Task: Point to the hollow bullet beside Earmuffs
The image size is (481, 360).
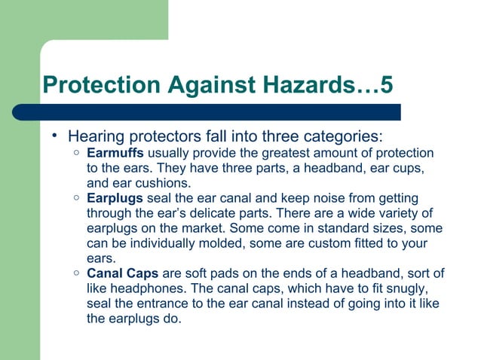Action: (77, 153)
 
